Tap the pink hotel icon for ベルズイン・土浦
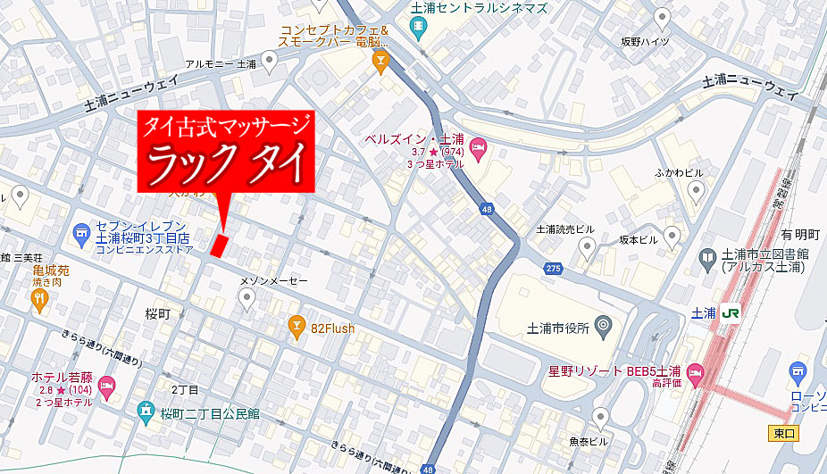(x=478, y=146)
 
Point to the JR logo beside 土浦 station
(x=731, y=312)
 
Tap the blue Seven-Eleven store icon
(x=82, y=232)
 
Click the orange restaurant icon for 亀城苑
(x=38, y=301)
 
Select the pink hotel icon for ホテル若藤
(x=106, y=387)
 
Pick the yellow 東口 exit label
(x=782, y=433)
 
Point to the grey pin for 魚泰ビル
(x=601, y=416)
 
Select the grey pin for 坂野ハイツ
(x=662, y=17)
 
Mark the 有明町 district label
(x=800, y=235)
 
